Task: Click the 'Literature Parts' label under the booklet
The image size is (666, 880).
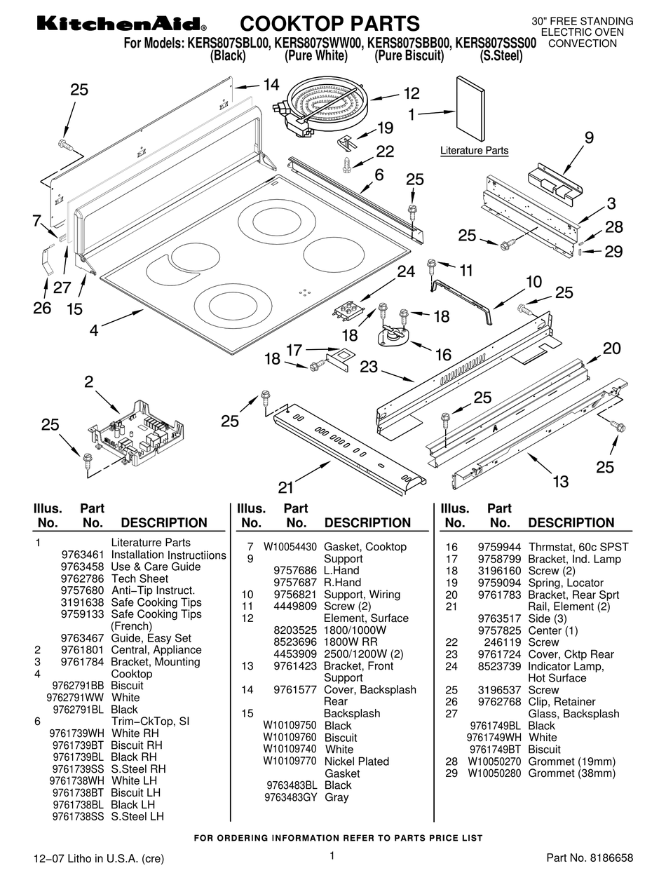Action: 474,151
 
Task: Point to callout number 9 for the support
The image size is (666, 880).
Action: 588,138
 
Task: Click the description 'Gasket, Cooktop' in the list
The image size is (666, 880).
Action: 365,547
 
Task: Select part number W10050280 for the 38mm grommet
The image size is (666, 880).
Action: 492,773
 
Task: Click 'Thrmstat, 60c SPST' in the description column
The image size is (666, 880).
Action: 578,547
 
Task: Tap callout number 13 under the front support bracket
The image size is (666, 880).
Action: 561,481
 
